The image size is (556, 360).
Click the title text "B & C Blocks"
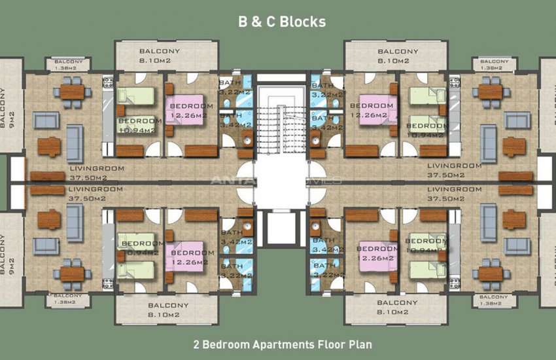pyautogui.click(x=282, y=22)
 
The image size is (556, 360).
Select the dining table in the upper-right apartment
pyautogui.click(x=490, y=91)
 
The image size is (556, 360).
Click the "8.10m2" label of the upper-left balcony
pyautogui.click(x=154, y=61)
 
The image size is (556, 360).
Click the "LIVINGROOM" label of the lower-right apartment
pyautogui.click(x=454, y=189)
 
